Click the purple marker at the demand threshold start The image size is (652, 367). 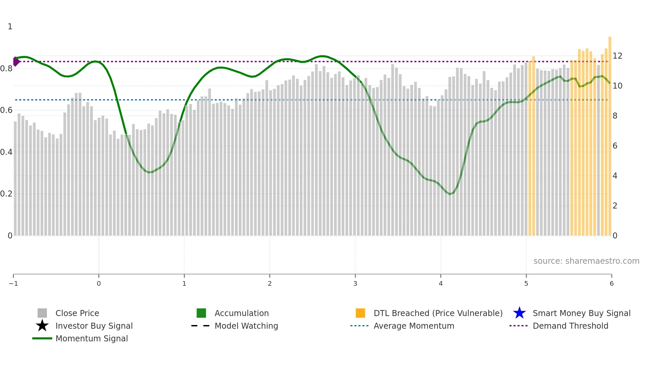click(16, 62)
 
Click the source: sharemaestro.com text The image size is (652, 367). click(586, 261)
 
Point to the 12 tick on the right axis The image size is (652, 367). click(617, 56)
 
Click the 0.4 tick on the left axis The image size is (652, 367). click(6, 152)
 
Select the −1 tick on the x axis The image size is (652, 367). click(13, 284)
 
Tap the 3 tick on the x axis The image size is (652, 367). click(355, 284)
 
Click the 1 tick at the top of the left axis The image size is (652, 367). click(10, 27)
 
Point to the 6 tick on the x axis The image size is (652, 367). click(611, 284)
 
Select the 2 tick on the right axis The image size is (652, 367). click(615, 206)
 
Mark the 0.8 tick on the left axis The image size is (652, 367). click(6, 69)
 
